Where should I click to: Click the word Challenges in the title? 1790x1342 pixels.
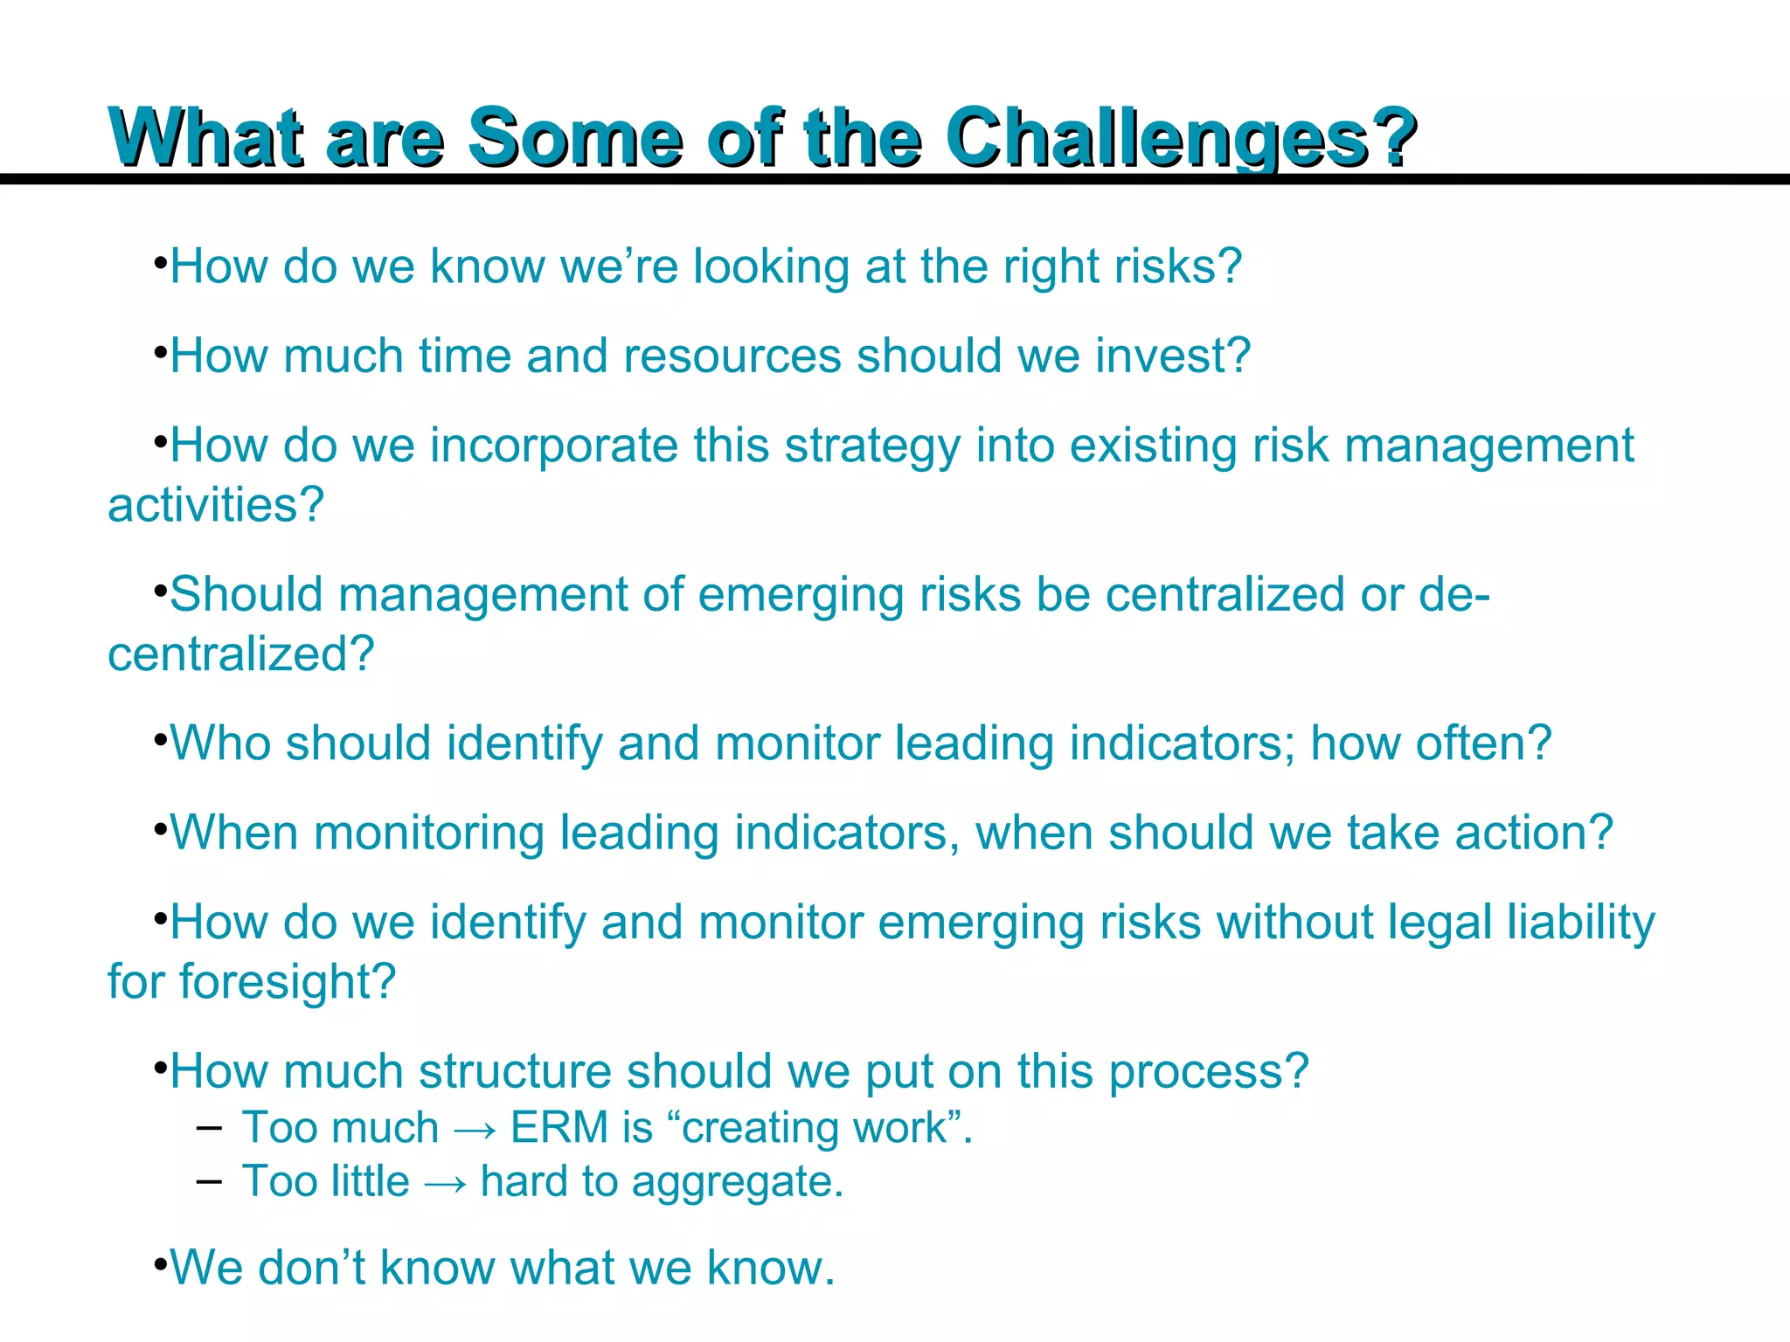click(x=1180, y=138)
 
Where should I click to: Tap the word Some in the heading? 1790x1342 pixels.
click(x=575, y=138)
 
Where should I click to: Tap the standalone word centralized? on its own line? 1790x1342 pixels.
click(x=240, y=654)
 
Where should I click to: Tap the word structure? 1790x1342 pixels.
click(x=515, y=1072)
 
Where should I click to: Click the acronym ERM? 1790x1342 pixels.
click(x=559, y=1128)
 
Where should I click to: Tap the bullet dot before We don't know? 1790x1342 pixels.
click(x=159, y=1264)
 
